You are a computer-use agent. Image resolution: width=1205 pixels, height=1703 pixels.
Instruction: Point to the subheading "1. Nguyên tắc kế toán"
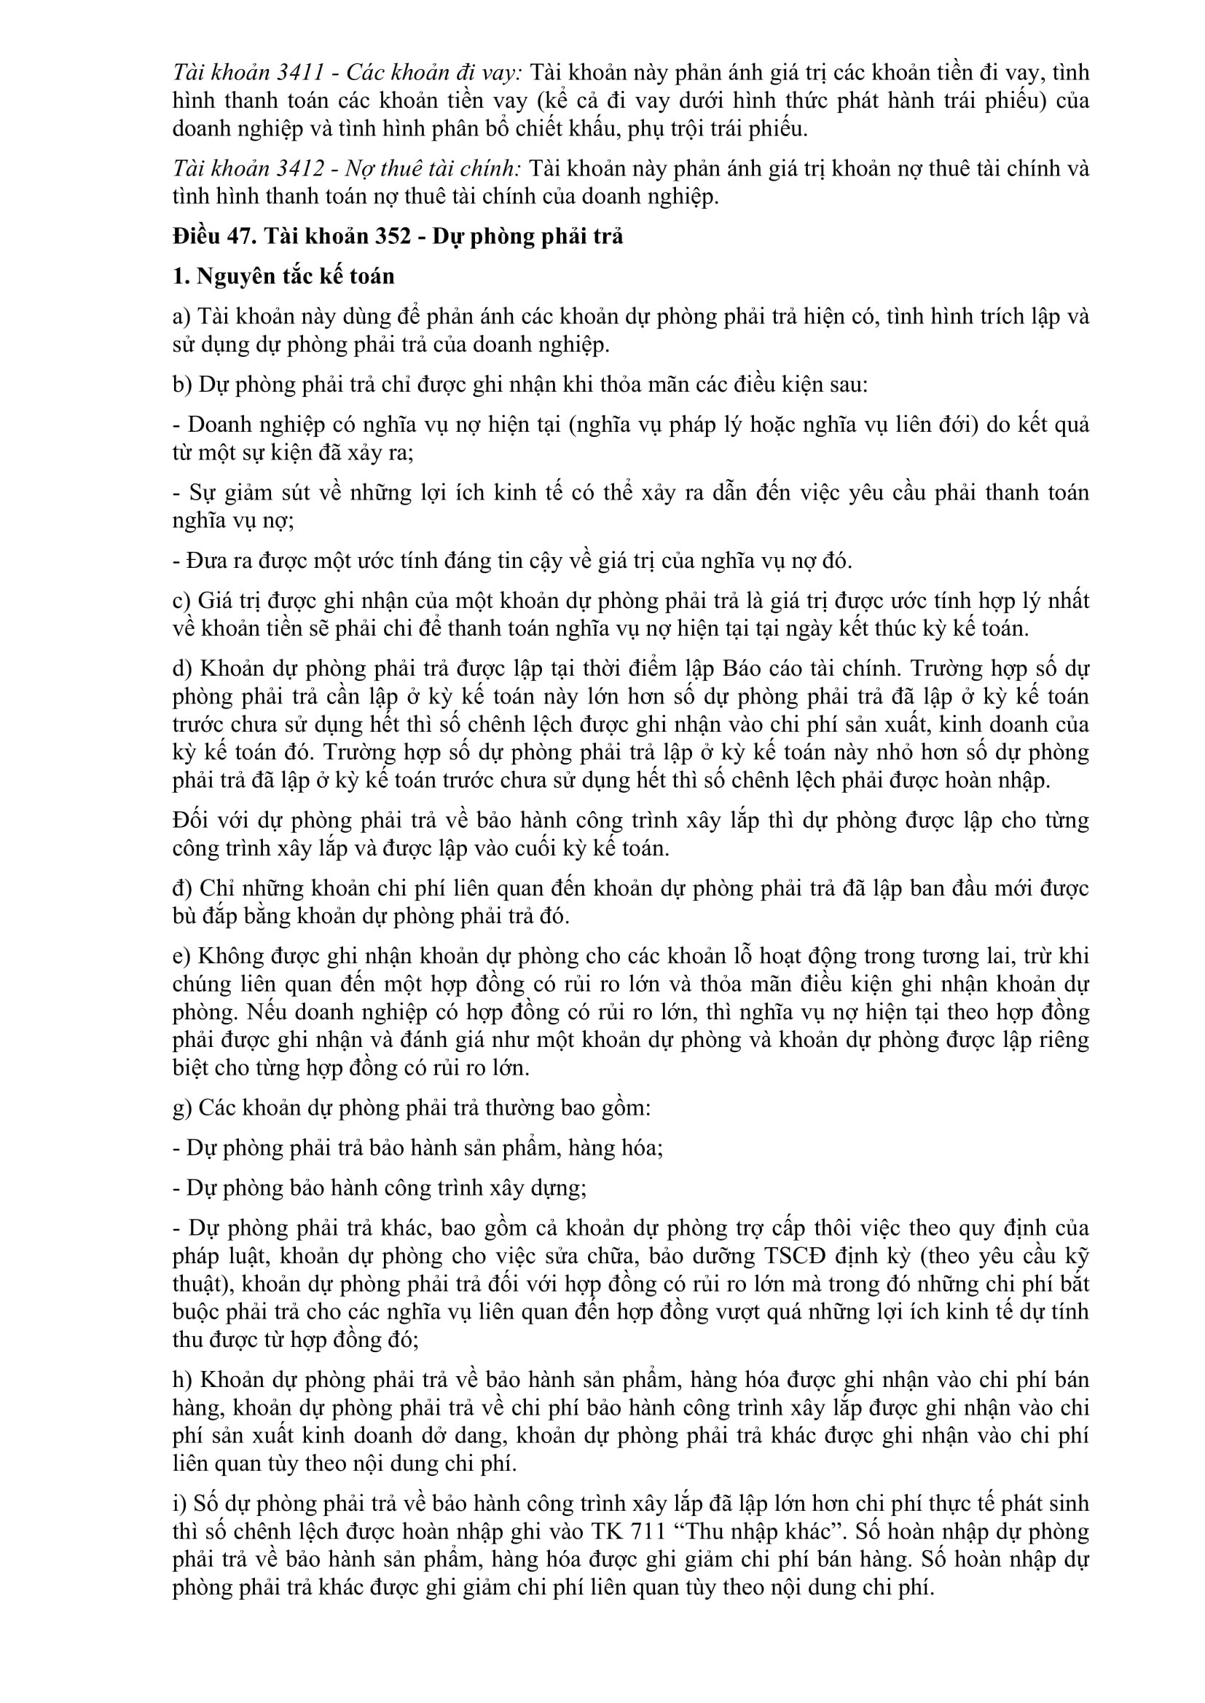click(283, 276)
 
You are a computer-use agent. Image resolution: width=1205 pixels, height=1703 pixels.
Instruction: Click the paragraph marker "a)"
click(182, 317)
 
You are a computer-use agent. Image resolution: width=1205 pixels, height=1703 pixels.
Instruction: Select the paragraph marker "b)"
click(183, 385)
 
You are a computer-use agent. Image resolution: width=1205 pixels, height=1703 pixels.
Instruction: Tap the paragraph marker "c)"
click(182, 600)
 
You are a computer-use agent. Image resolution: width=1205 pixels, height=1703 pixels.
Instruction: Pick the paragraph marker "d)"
click(183, 668)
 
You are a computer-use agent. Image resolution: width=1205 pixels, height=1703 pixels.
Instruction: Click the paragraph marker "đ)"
click(183, 888)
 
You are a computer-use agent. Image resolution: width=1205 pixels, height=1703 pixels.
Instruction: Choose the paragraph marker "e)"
click(182, 956)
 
